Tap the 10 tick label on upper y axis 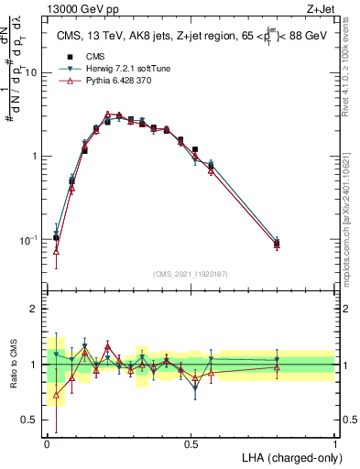(33, 72)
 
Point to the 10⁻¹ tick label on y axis (29, 239)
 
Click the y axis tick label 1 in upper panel (36, 156)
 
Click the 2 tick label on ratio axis (36, 309)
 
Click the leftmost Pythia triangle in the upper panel (57, 250)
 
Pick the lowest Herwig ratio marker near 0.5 (195, 388)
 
